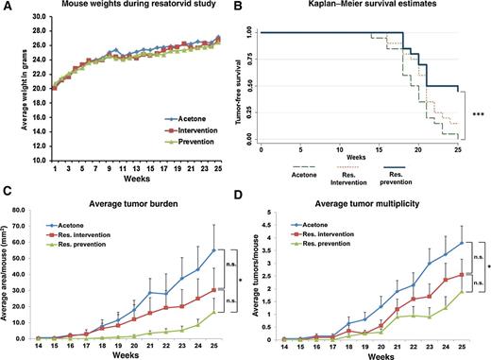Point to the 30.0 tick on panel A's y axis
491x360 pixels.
pos(34,18)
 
